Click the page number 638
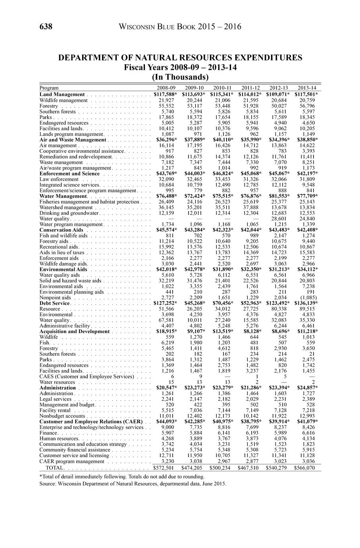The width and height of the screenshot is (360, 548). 46,27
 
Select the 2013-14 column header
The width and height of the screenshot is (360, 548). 307,88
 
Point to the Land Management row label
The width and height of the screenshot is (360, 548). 62,95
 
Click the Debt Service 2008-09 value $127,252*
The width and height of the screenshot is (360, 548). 165,303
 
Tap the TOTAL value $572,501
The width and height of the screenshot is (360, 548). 165,468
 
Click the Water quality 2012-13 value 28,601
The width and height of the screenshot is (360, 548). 278,219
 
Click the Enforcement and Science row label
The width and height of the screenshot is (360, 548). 69,174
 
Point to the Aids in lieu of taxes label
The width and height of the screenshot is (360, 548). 62,253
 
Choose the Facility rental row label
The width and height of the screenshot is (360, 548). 55,410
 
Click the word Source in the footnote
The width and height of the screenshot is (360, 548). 48,484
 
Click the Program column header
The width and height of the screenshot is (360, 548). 49,88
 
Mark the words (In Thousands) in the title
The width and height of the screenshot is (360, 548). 180,77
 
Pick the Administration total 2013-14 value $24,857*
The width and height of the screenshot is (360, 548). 307,388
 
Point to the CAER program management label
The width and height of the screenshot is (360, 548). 72,461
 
